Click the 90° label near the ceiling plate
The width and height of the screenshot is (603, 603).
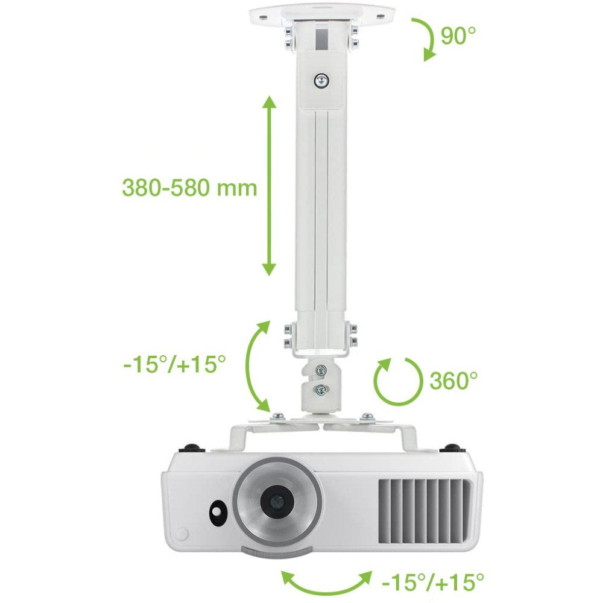click(458, 36)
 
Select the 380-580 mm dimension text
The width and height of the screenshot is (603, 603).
click(189, 188)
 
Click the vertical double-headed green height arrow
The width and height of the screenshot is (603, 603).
click(270, 186)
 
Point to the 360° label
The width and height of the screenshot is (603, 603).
click(453, 380)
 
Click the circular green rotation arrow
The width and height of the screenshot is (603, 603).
click(396, 380)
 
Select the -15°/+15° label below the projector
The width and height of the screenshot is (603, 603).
click(433, 582)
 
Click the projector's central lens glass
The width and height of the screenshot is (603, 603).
click(277, 500)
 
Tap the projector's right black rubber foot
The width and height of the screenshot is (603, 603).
click(453, 449)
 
